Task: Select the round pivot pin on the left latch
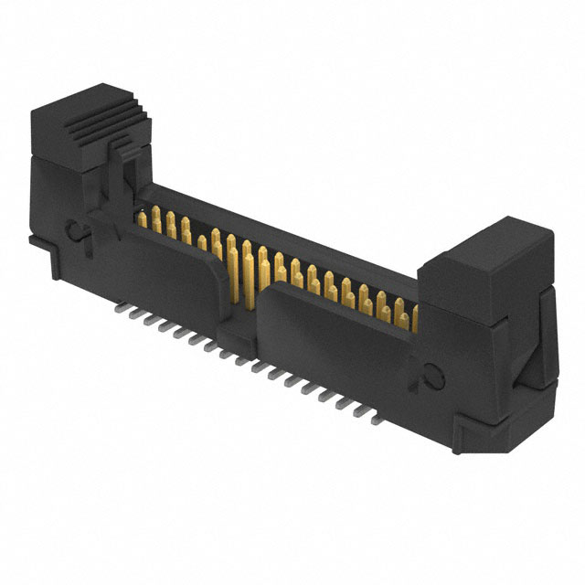pyautogui.click(x=77, y=233)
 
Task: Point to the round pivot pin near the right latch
pyautogui.click(x=433, y=376)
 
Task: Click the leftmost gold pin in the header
pyautogui.click(x=143, y=217)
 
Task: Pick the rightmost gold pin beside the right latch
pyautogui.click(x=414, y=316)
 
